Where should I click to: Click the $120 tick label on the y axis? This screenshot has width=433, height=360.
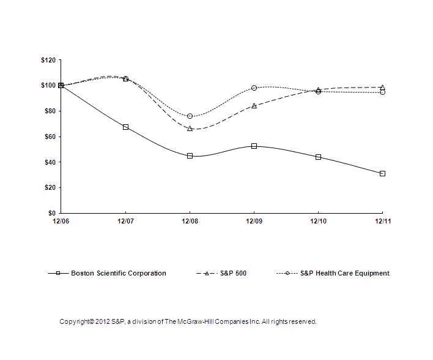[47, 60]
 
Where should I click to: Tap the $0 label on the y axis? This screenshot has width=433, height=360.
[51, 213]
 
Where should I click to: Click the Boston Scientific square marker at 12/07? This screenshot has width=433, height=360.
[125, 127]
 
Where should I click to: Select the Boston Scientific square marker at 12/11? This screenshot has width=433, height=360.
[382, 173]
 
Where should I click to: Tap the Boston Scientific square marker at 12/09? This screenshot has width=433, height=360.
[254, 146]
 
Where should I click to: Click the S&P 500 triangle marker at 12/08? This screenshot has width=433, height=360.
[190, 129]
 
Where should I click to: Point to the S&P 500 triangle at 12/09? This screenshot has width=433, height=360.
[254, 106]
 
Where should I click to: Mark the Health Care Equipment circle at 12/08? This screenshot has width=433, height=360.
[190, 116]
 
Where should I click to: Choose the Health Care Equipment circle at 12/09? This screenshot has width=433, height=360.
[254, 88]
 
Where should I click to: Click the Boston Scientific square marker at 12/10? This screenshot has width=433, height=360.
[318, 157]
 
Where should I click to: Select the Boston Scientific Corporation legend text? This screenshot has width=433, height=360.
[119, 274]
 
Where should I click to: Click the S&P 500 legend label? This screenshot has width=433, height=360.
[233, 274]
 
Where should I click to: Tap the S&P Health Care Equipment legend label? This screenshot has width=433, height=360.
[344, 274]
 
